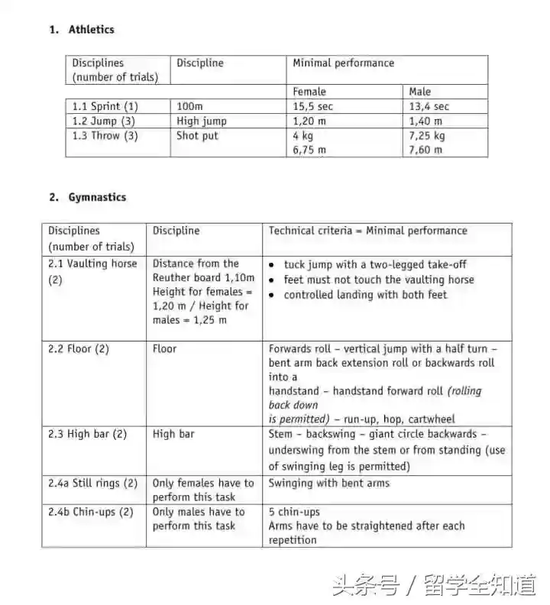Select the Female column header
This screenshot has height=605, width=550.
309,92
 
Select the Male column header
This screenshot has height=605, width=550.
420,92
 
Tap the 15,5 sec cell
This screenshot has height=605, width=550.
313,107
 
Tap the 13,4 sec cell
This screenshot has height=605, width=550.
429,107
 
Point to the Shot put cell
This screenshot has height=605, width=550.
197,136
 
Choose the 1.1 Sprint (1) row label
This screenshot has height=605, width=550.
105,107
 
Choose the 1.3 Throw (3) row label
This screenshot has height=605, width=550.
105,136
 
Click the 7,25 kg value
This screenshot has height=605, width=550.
427,136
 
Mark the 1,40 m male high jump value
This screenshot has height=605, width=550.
425,121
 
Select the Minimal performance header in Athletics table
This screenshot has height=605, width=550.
344,63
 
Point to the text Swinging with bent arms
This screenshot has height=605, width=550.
329,483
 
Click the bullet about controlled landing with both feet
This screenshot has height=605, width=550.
365,295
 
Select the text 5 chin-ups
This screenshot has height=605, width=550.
294,512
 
